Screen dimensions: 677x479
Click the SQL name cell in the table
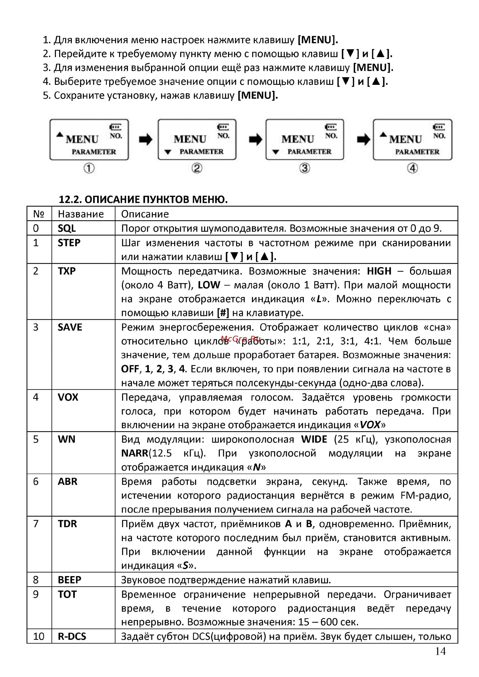point(67,228)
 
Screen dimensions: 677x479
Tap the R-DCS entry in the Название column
point(72,636)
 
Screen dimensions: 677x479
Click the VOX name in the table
point(68,397)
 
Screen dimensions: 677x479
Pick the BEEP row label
point(69,580)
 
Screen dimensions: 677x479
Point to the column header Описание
point(145,214)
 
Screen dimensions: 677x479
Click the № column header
point(39,214)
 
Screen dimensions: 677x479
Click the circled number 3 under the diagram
point(305,168)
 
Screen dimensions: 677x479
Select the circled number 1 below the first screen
point(89,168)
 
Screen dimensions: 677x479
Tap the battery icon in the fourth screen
point(439,127)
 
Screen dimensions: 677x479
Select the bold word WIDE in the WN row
point(314,439)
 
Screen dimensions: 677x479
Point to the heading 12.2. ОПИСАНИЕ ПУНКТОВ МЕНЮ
point(143,200)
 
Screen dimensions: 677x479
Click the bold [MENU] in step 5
point(258,95)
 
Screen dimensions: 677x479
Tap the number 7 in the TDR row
point(36,524)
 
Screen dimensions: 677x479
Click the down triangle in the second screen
point(168,152)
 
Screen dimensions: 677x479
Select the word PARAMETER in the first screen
point(94,152)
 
